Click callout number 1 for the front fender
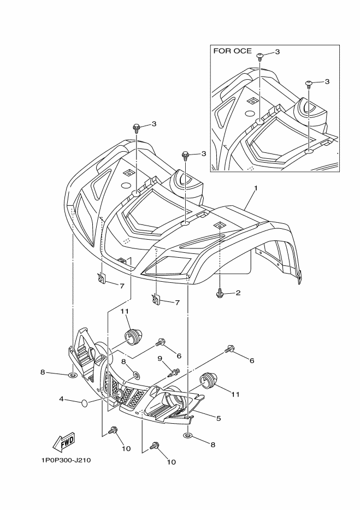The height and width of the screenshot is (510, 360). [255, 187]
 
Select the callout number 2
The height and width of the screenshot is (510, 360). [238, 293]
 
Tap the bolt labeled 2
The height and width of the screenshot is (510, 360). [220, 294]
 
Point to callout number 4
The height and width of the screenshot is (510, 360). [62, 400]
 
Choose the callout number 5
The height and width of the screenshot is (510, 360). [219, 418]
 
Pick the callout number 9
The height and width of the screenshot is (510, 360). [160, 359]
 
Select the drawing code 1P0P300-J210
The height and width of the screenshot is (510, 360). [65, 460]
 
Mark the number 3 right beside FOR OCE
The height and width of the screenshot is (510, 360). [277, 51]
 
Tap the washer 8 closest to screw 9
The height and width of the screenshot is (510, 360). [135, 376]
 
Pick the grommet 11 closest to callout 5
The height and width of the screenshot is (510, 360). [206, 379]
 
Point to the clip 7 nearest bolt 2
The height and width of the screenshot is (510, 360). [156, 299]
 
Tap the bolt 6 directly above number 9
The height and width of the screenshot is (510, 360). [161, 342]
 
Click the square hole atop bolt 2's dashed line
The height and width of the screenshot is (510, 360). [218, 224]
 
